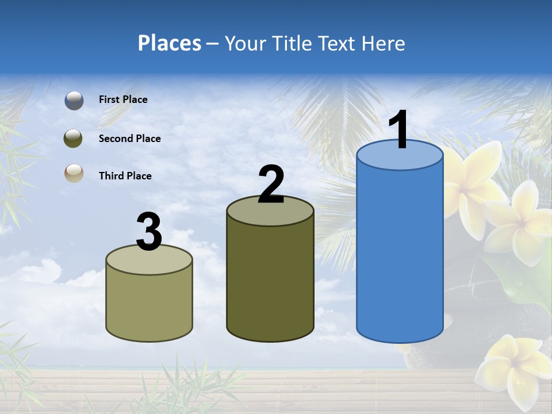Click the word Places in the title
point(170,43)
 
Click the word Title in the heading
point(291,43)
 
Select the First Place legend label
point(123,99)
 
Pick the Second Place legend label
point(129,139)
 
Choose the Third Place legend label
point(125,176)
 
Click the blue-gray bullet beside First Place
point(74,101)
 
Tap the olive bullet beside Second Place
point(74,138)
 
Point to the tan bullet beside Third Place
point(74,174)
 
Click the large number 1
point(398,130)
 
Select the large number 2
point(271,185)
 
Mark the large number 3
point(149,232)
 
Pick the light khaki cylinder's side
point(149,305)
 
